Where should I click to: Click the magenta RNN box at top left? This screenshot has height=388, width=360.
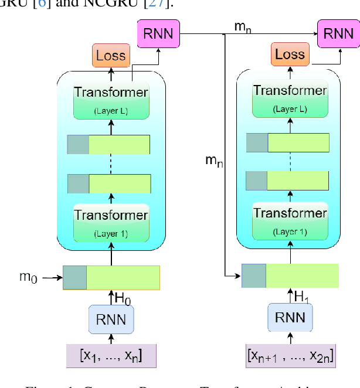pyautogui.click(x=158, y=33)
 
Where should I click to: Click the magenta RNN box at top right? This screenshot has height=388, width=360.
pyautogui.click(x=339, y=33)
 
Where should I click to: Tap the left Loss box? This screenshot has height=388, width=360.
pyautogui.click(x=110, y=56)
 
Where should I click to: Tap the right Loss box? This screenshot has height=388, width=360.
pyautogui.click(x=290, y=55)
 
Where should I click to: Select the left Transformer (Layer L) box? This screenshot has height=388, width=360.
pyautogui.click(x=111, y=99)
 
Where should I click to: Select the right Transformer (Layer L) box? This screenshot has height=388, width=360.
pyautogui.click(x=290, y=97)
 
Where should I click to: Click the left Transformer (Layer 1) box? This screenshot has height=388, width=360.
pyautogui.click(x=111, y=222)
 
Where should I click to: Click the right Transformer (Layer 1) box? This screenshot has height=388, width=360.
pyautogui.click(x=290, y=219)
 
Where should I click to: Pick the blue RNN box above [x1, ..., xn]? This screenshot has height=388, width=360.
pyautogui.click(x=111, y=320)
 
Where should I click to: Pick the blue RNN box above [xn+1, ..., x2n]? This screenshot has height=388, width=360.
pyautogui.click(x=290, y=318)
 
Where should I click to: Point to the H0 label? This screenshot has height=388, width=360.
pyautogui.click(x=123, y=299)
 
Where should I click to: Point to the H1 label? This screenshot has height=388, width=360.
pyautogui.click(x=301, y=298)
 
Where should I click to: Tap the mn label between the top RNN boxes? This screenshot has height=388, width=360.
pyautogui.click(x=242, y=26)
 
